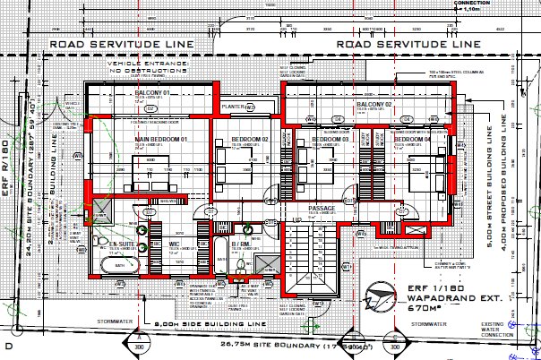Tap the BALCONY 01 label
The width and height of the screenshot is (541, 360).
point(153,92)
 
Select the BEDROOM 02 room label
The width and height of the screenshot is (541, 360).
point(251,141)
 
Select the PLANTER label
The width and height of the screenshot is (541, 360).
point(235,106)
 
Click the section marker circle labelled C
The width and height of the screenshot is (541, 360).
point(395,338)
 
